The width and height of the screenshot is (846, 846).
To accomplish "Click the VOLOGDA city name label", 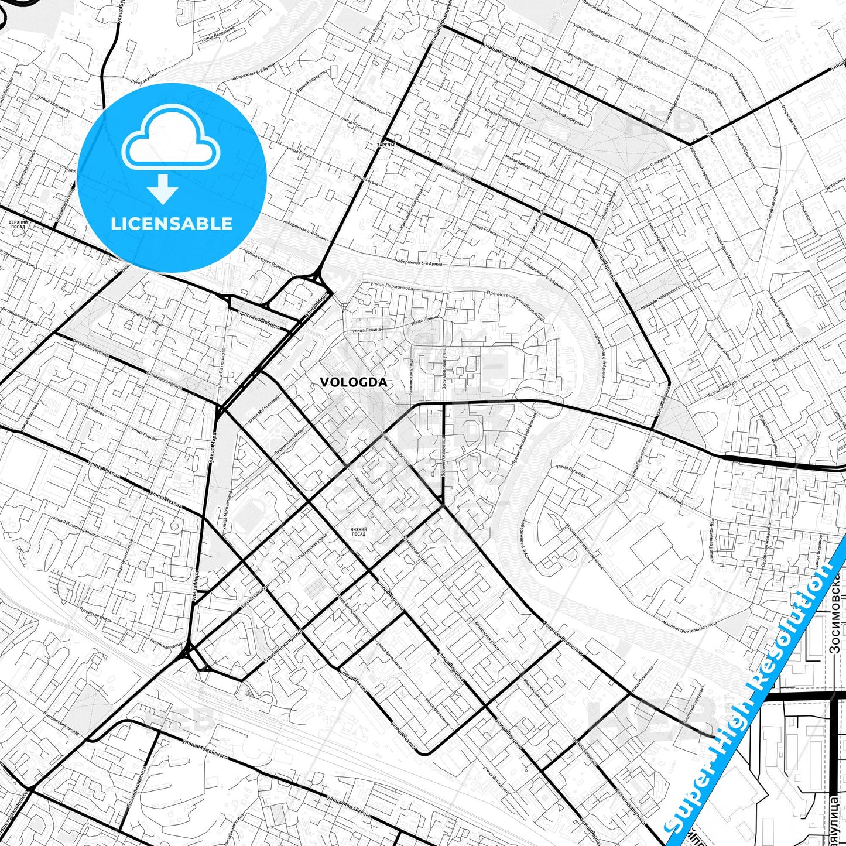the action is (x=353, y=382).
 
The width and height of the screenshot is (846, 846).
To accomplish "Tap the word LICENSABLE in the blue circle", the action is (x=172, y=224).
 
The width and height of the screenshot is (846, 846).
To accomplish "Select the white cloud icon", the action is (x=171, y=140).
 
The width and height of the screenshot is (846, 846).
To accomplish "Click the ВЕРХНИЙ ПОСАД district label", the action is (x=18, y=224).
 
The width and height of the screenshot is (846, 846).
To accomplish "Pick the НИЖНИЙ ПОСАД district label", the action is (x=358, y=532).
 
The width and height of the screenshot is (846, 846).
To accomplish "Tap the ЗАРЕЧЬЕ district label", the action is (x=386, y=144).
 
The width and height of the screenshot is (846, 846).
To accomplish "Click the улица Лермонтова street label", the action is (x=391, y=286).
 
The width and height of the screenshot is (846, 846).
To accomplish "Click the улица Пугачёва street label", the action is (x=570, y=471).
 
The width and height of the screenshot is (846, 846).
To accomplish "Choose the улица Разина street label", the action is (x=671, y=499).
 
